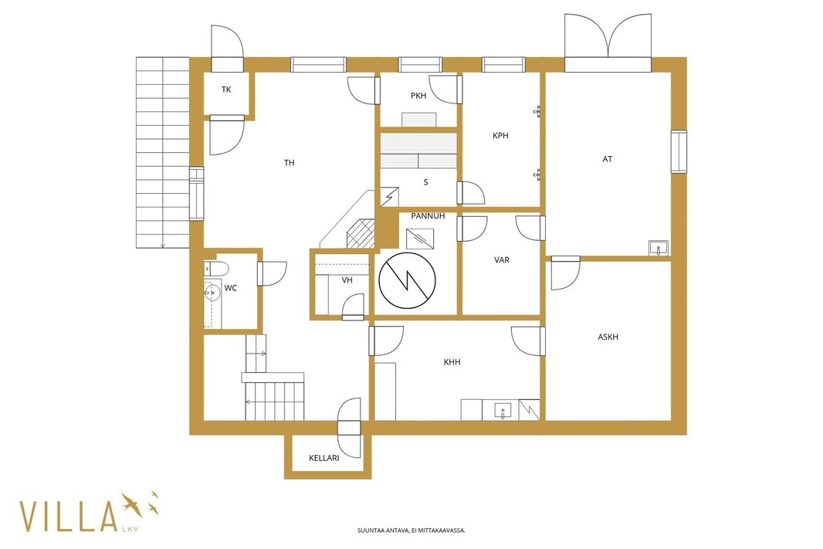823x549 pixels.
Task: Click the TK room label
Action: (226, 90)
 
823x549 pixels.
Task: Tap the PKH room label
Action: (418, 96)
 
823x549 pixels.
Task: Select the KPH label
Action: (500, 135)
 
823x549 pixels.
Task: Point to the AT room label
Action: (608, 159)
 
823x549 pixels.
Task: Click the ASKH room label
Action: (608, 337)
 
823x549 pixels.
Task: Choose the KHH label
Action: (452, 362)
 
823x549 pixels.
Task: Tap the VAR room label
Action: (502, 259)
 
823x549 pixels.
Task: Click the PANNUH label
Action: (428, 215)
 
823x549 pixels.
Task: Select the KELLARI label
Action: (323, 458)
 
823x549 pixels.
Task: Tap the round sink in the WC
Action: (212, 292)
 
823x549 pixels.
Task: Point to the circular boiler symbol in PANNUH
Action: (408, 280)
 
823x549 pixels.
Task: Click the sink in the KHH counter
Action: (503, 411)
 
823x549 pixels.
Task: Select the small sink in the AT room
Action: (659, 248)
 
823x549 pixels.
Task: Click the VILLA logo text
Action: (68, 517)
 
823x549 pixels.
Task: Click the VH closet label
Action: (347, 280)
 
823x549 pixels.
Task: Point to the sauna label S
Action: (425, 182)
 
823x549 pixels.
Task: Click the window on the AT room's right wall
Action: (679, 151)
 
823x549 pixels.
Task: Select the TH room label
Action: (290, 163)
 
